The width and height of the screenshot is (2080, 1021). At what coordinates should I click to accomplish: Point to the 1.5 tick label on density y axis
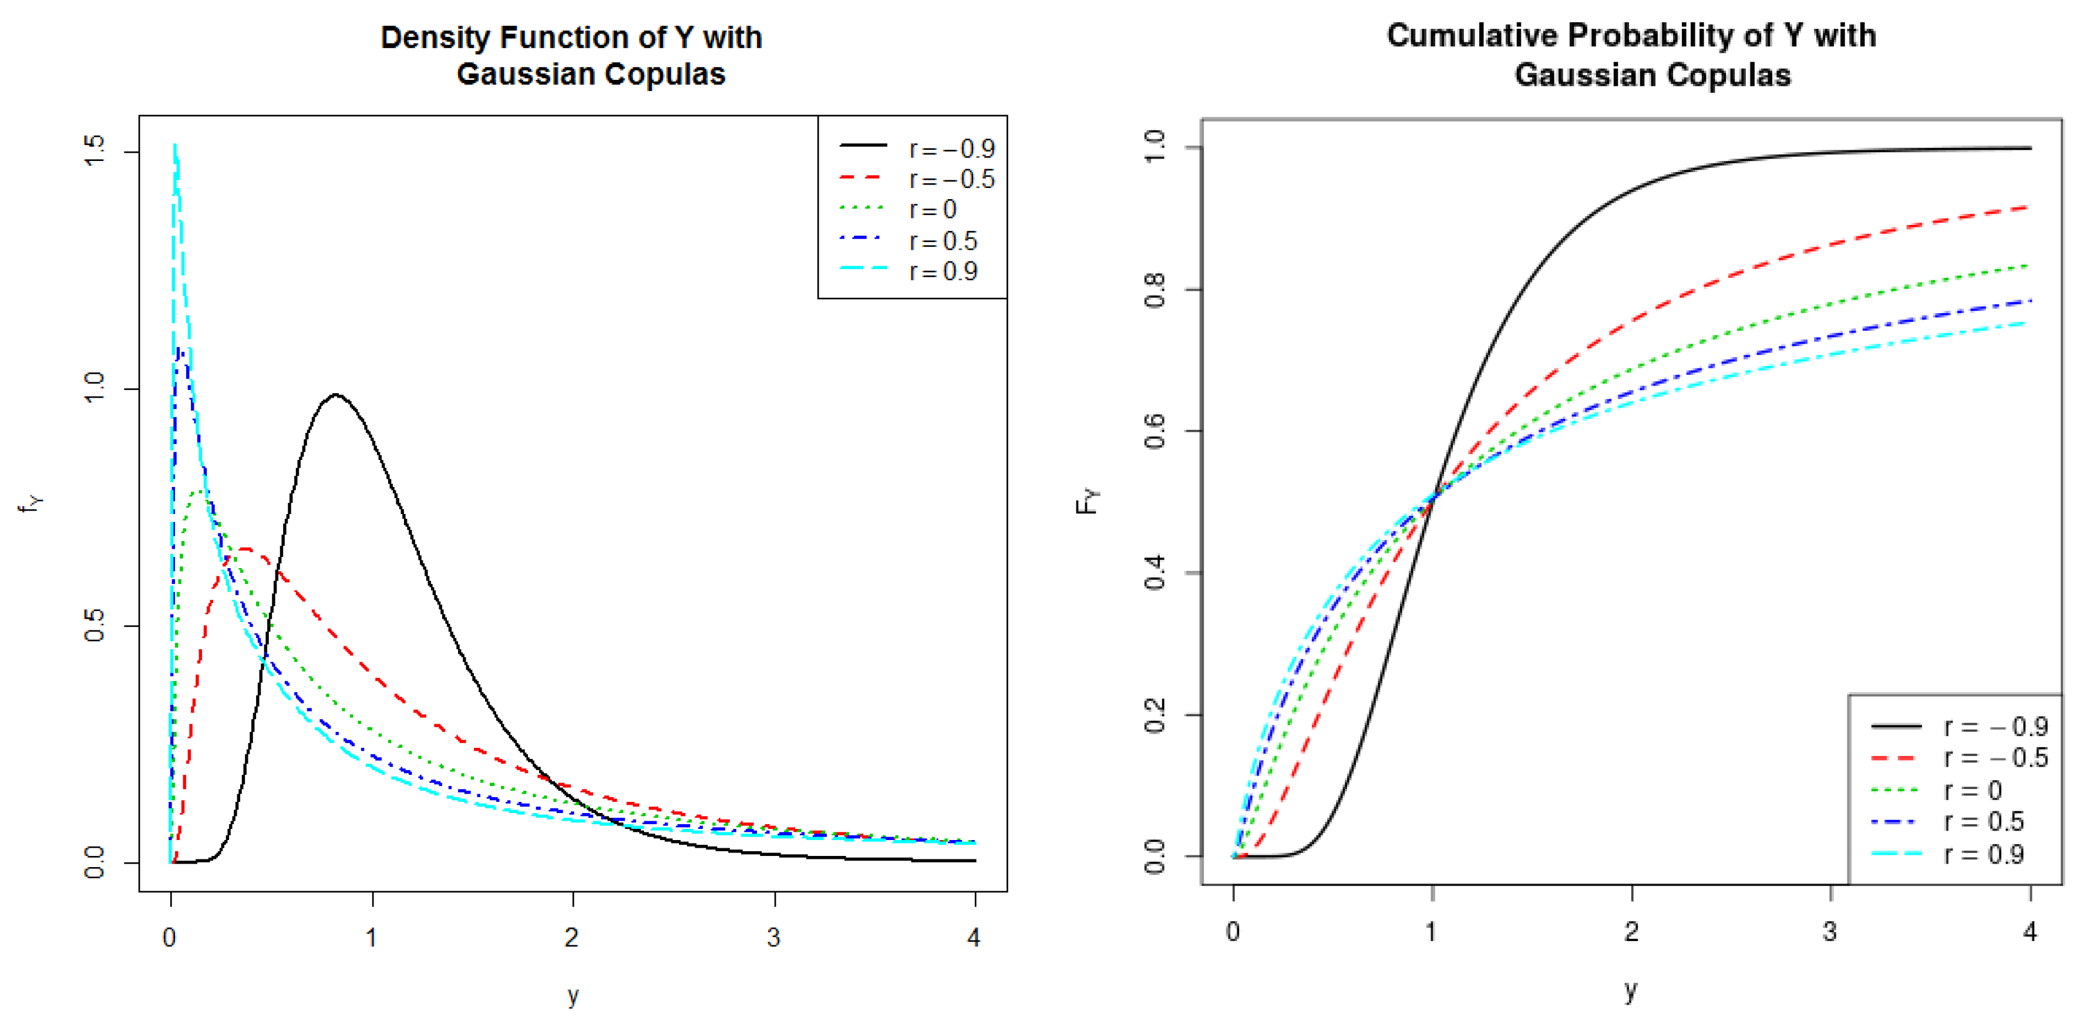coord(95,151)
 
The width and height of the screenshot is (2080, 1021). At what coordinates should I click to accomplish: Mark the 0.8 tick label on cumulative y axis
coord(1155,290)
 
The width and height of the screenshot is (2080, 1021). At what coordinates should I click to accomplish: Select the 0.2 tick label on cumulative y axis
coord(1155,715)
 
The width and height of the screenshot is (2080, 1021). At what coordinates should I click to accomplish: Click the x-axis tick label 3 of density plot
coord(773,937)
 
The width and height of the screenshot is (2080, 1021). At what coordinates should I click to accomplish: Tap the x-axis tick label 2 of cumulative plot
coord(1632,931)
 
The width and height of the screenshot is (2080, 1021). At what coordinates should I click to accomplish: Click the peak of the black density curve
coord(335,395)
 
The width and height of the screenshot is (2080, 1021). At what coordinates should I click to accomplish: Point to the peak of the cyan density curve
coord(175,146)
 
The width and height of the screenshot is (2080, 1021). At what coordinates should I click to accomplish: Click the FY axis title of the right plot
coord(1088,501)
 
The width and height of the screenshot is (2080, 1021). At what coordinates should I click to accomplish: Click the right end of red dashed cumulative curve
coord(2027,207)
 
